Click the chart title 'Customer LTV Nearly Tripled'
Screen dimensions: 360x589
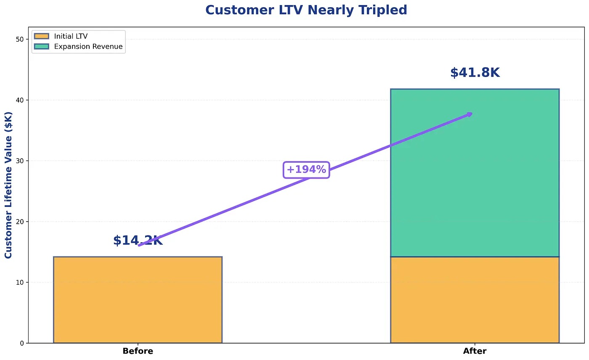tap(306, 10)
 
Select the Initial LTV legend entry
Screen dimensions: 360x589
tap(71, 37)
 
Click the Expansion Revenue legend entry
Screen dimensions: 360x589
tap(88, 47)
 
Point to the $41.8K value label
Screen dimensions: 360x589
tap(475, 73)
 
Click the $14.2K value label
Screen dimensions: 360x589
tap(138, 241)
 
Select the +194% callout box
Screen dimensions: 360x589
tap(306, 170)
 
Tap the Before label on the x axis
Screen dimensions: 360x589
tap(138, 351)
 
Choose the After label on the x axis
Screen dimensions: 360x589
tap(475, 351)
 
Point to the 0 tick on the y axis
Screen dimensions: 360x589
tap(22, 343)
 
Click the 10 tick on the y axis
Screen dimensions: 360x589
tap(20, 282)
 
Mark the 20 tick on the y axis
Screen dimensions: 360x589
tap(20, 222)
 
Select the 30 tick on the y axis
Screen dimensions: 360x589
tap(20, 161)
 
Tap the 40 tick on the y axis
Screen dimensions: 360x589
tap(20, 100)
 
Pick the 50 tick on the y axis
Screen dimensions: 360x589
tap(20, 40)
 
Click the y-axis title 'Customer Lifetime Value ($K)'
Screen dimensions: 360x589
tap(8, 185)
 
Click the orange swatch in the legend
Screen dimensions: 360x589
tap(42, 37)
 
